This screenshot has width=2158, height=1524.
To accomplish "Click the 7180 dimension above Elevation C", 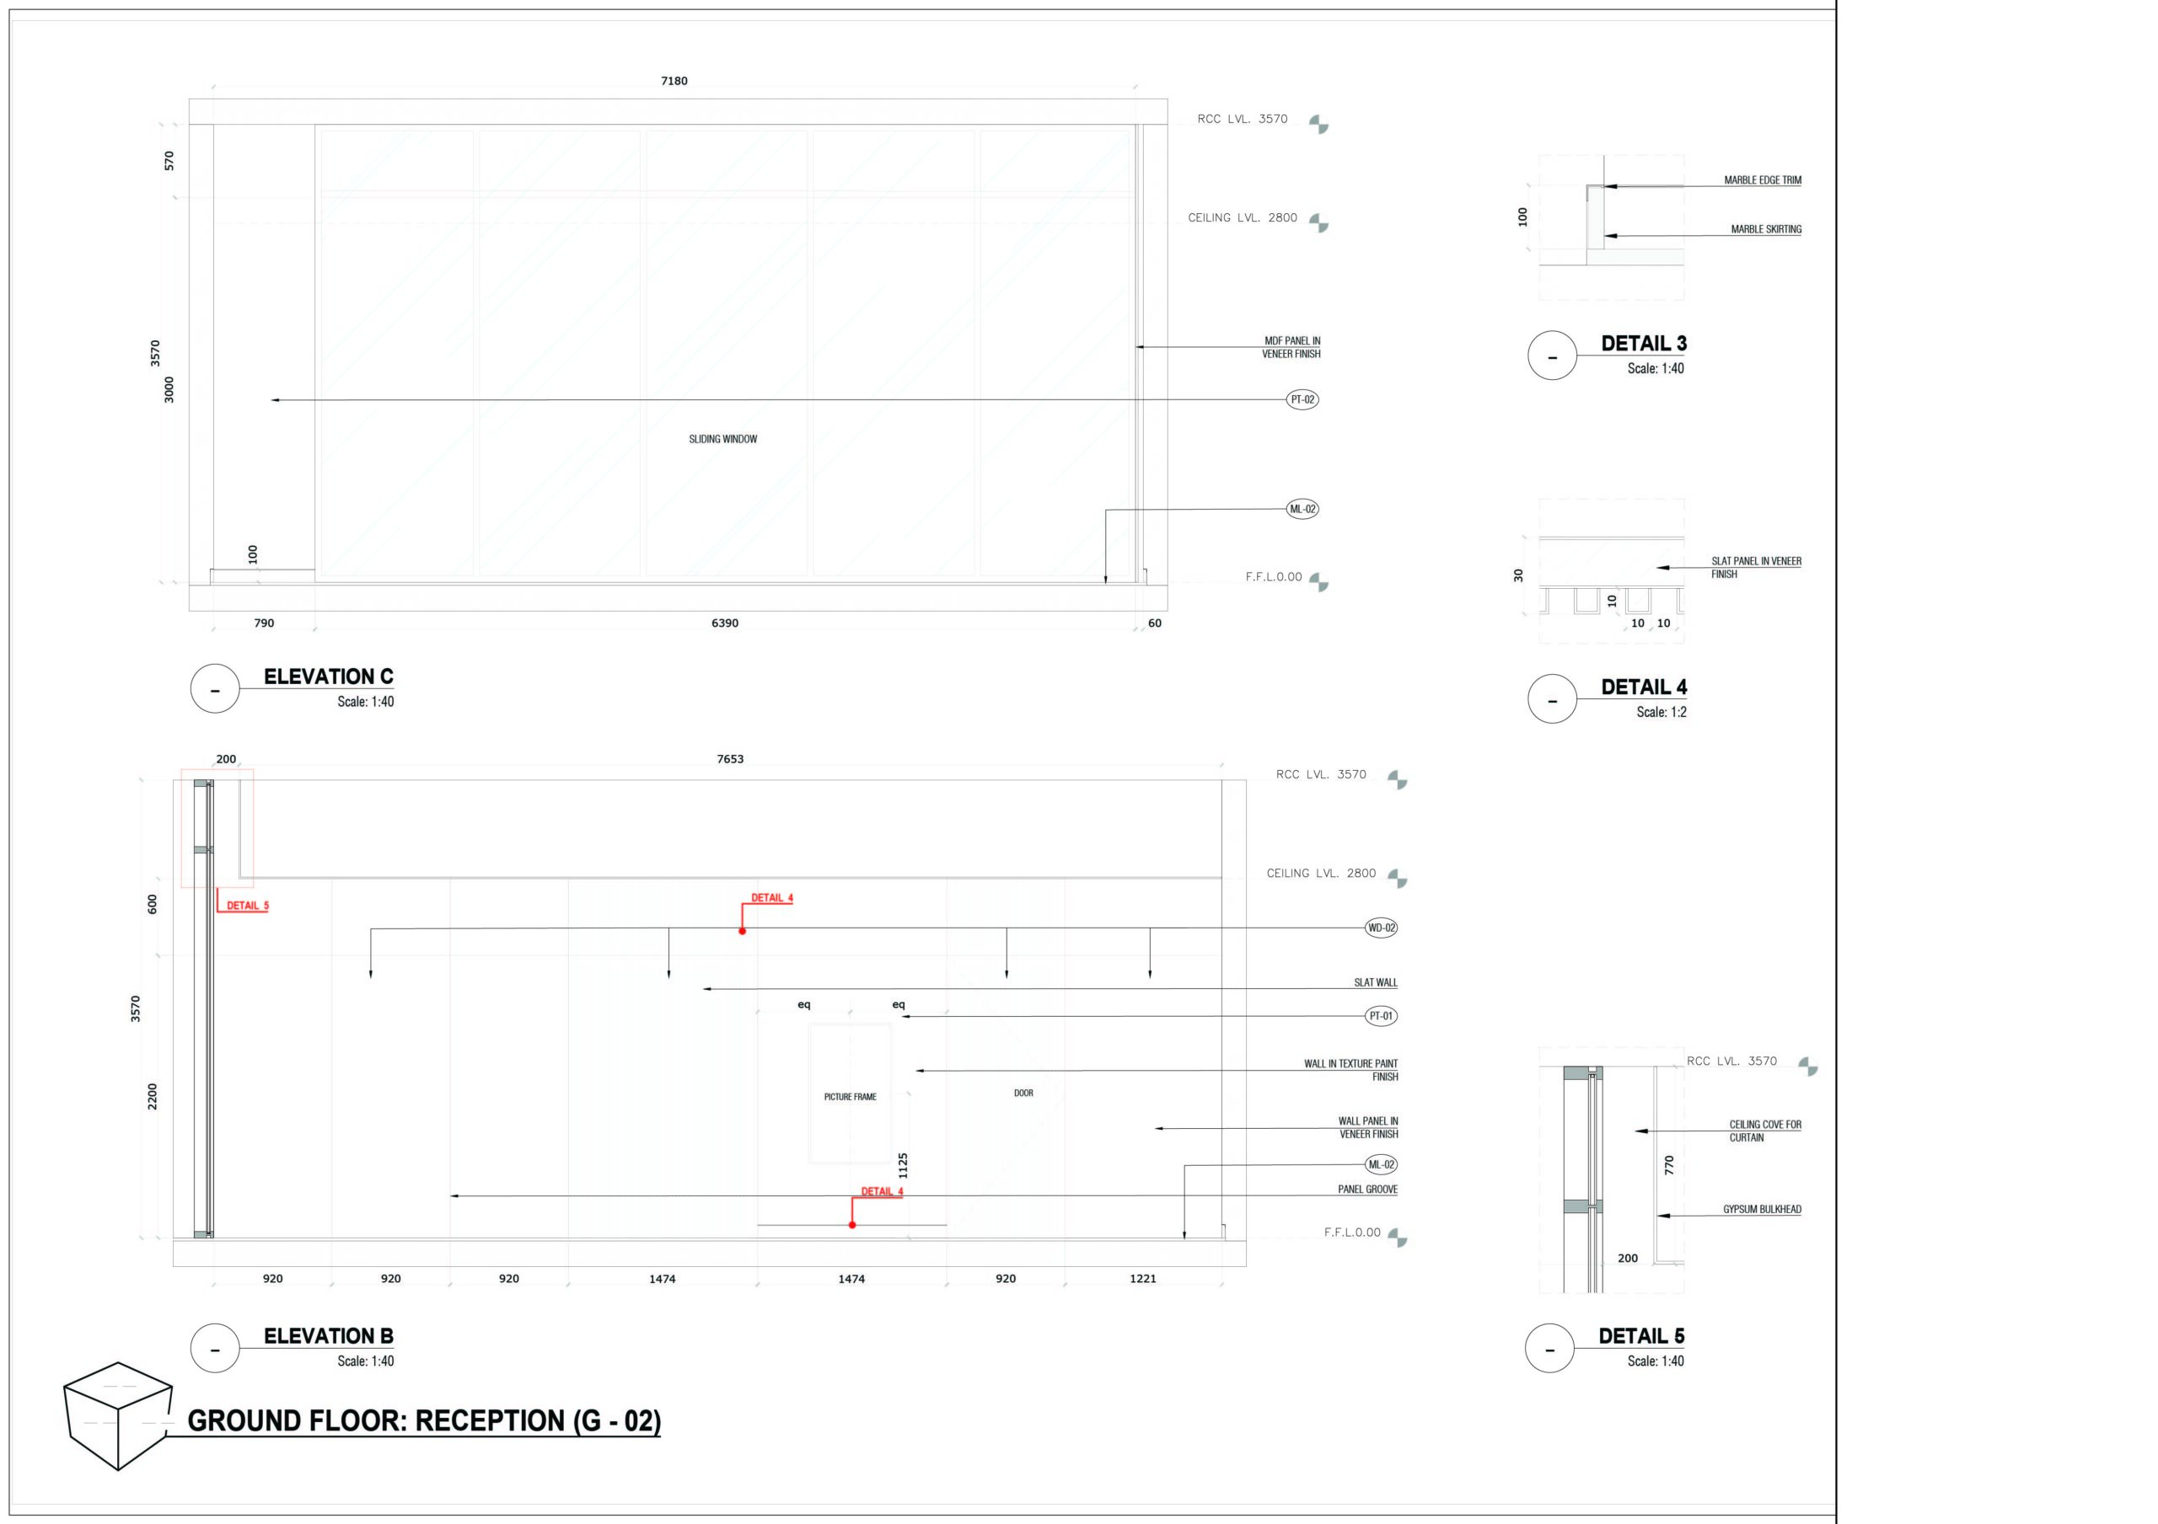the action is [x=674, y=81].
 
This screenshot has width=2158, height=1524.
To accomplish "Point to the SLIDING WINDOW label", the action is [x=722, y=439].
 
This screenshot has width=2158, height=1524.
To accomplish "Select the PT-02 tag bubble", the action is [x=1302, y=399].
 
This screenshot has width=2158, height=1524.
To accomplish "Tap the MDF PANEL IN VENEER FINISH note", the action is [x=1291, y=348].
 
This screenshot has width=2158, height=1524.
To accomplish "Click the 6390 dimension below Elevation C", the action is [x=725, y=623].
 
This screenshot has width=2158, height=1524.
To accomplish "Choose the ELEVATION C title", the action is [x=328, y=676].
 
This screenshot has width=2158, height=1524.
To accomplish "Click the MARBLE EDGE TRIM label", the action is [x=1763, y=179].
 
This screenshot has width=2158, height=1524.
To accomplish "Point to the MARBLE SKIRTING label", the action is [x=1766, y=229].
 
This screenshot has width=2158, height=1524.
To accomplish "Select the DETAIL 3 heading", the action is [x=1644, y=344].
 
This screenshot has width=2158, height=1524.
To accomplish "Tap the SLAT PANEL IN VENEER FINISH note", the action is [x=1756, y=568].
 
